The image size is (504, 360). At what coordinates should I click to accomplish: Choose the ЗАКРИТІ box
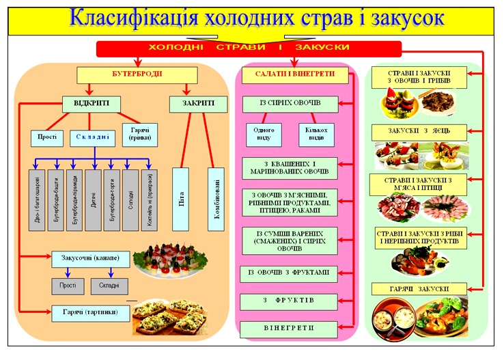point(198,104)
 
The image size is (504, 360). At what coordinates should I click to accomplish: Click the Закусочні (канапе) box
point(90,260)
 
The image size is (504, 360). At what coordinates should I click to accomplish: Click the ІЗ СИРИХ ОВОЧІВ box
point(290,105)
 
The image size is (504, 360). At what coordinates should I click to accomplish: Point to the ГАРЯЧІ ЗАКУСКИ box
point(419,289)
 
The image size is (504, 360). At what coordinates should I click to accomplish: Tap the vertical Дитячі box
point(94,200)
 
